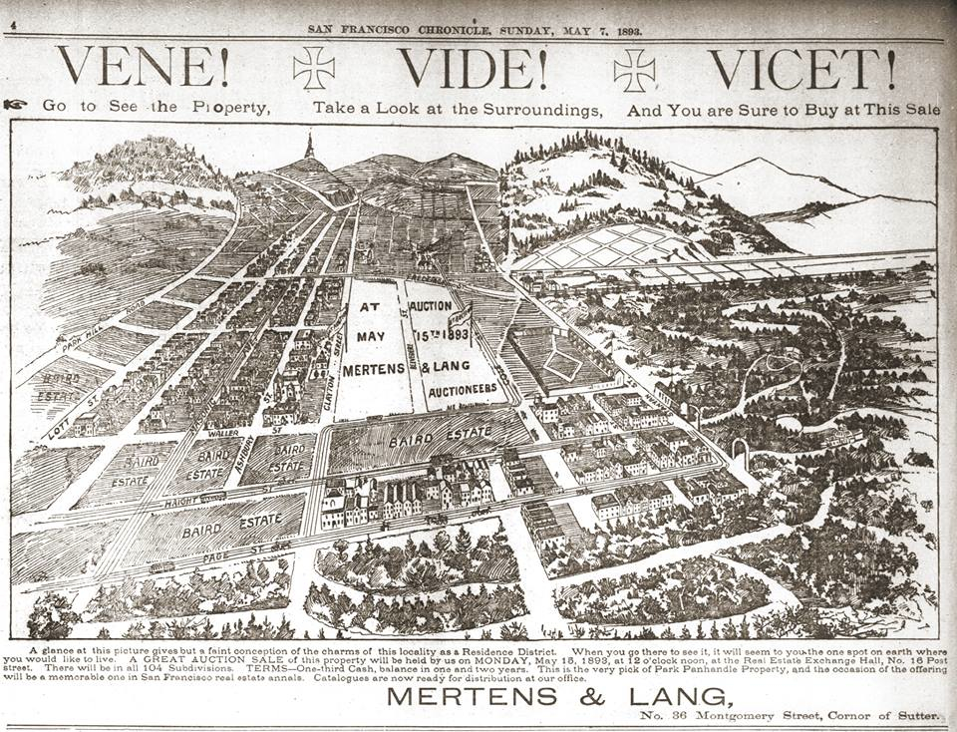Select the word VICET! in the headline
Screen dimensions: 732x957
802,68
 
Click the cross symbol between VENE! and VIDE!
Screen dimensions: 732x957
313,69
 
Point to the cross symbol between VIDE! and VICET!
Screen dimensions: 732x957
634,69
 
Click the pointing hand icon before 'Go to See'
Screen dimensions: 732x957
15,104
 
